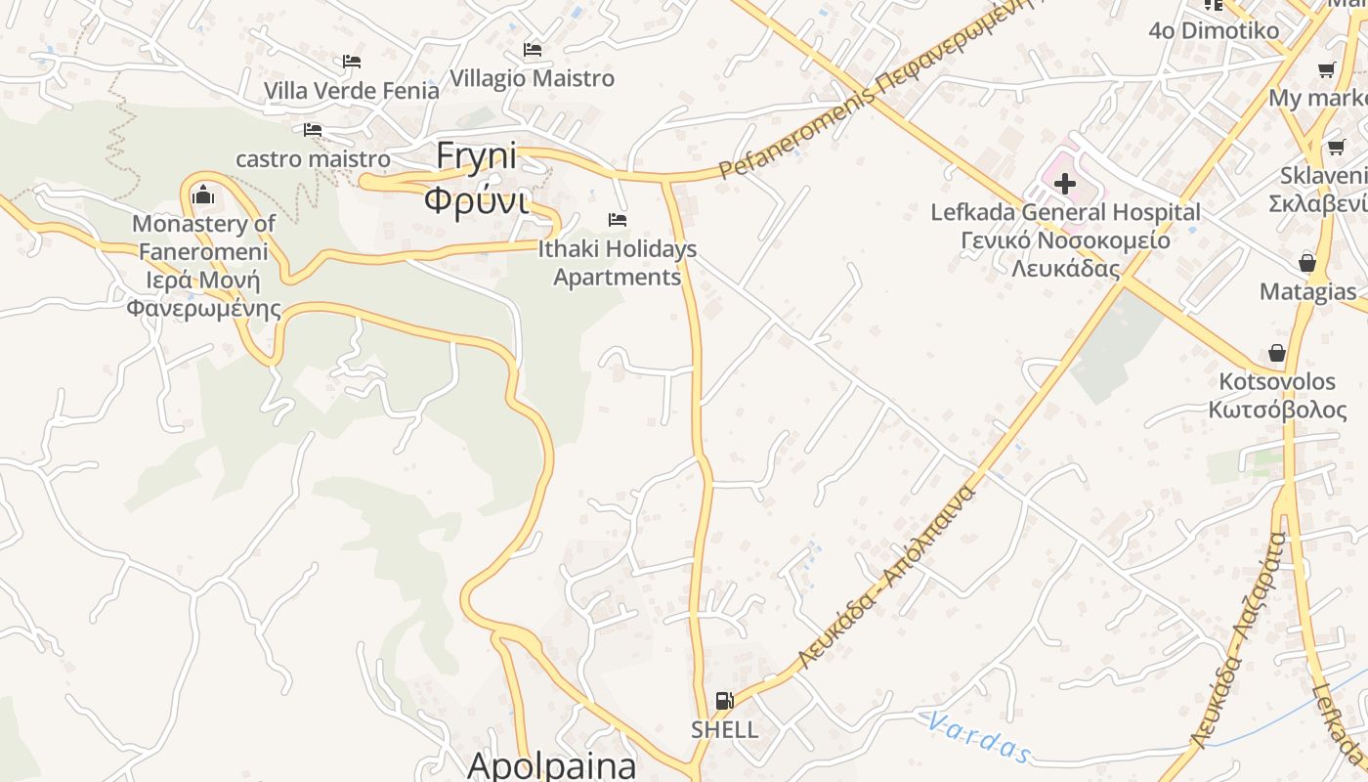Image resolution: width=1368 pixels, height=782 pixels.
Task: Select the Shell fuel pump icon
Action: tap(724, 700)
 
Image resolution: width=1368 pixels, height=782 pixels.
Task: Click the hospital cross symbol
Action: tap(1065, 183)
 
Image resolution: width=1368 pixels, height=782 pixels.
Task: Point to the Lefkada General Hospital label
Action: tap(1065, 212)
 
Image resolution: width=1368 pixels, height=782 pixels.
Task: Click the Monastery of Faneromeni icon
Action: tap(203, 195)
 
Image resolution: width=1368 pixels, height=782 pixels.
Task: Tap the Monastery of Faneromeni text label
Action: tap(203, 266)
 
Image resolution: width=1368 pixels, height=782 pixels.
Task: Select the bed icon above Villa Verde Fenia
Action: tap(352, 62)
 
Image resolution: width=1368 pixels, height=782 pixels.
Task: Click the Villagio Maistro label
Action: tap(533, 78)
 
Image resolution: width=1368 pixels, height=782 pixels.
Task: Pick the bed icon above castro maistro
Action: tap(313, 129)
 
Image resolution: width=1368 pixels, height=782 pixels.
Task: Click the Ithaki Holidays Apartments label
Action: tap(618, 263)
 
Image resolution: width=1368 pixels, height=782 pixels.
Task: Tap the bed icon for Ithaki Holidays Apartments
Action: tap(618, 219)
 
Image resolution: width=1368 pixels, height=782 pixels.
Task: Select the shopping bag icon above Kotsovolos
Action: tap(1276, 353)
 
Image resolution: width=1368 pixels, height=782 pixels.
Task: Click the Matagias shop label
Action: tap(1307, 291)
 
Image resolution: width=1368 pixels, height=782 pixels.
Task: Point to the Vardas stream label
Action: tap(977, 736)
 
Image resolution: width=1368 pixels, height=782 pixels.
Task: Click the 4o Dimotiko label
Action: tap(1214, 30)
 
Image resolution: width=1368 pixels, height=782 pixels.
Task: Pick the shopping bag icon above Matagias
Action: tap(1306, 263)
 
